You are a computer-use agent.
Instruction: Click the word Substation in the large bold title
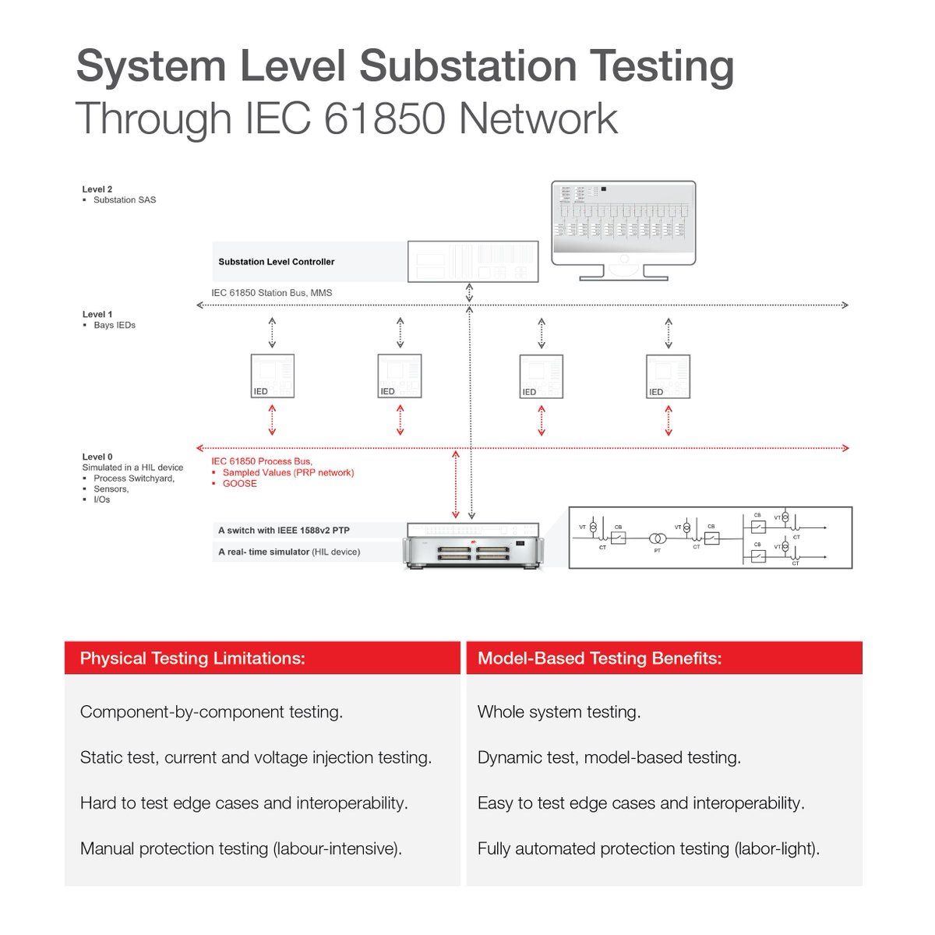[467, 66]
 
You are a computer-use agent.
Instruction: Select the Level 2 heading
[97, 189]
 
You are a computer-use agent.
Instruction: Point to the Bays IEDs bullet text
[115, 325]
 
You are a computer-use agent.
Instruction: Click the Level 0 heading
[97, 457]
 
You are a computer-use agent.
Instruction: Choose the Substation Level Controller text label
[277, 262]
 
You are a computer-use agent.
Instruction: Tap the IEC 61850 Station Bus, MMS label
[271, 293]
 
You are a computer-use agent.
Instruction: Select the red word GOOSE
[239, 484]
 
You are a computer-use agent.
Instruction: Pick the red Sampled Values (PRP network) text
[288, 473]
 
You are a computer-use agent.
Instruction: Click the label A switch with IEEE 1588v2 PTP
[284, 531]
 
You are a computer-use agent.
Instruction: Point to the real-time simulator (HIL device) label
[289, 552]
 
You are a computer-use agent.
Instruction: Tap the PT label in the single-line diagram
[657, 551]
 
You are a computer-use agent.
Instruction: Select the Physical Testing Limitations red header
[192, 658]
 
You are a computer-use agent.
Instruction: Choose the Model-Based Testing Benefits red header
[599, 658]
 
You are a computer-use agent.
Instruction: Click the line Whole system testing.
[559, 712]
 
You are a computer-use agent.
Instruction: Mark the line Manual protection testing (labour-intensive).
[241, 849]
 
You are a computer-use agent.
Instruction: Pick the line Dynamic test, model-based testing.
[609, 757]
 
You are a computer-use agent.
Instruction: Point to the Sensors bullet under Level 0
[111, 489]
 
